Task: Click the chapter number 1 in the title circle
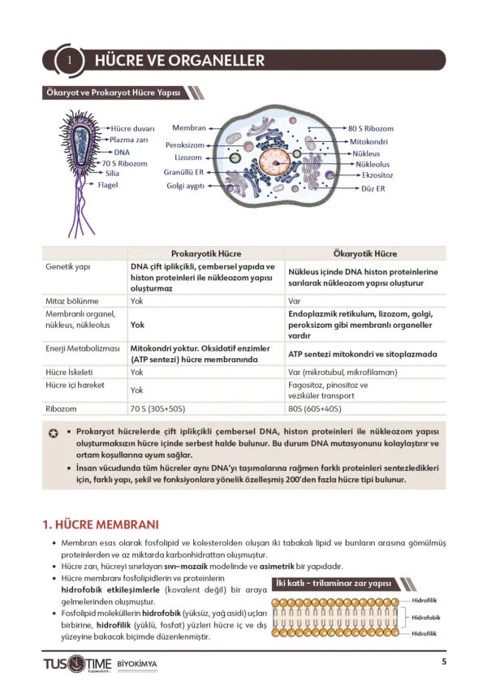tap(71, 61)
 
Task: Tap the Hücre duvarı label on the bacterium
tap(132, 128)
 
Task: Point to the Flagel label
tap(108, 185)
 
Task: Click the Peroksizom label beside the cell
tap(184, 145)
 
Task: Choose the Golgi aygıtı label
tap(185, 185)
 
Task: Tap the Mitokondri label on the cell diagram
tap(369, 141)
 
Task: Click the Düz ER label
tap(373, 188)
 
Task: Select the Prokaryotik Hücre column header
tap(206, 253)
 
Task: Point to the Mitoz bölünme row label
tap(72, 300)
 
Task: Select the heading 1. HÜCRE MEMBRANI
tap(101, 524)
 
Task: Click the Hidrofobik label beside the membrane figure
tap(427, 617)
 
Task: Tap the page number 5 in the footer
tap(444, 661)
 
